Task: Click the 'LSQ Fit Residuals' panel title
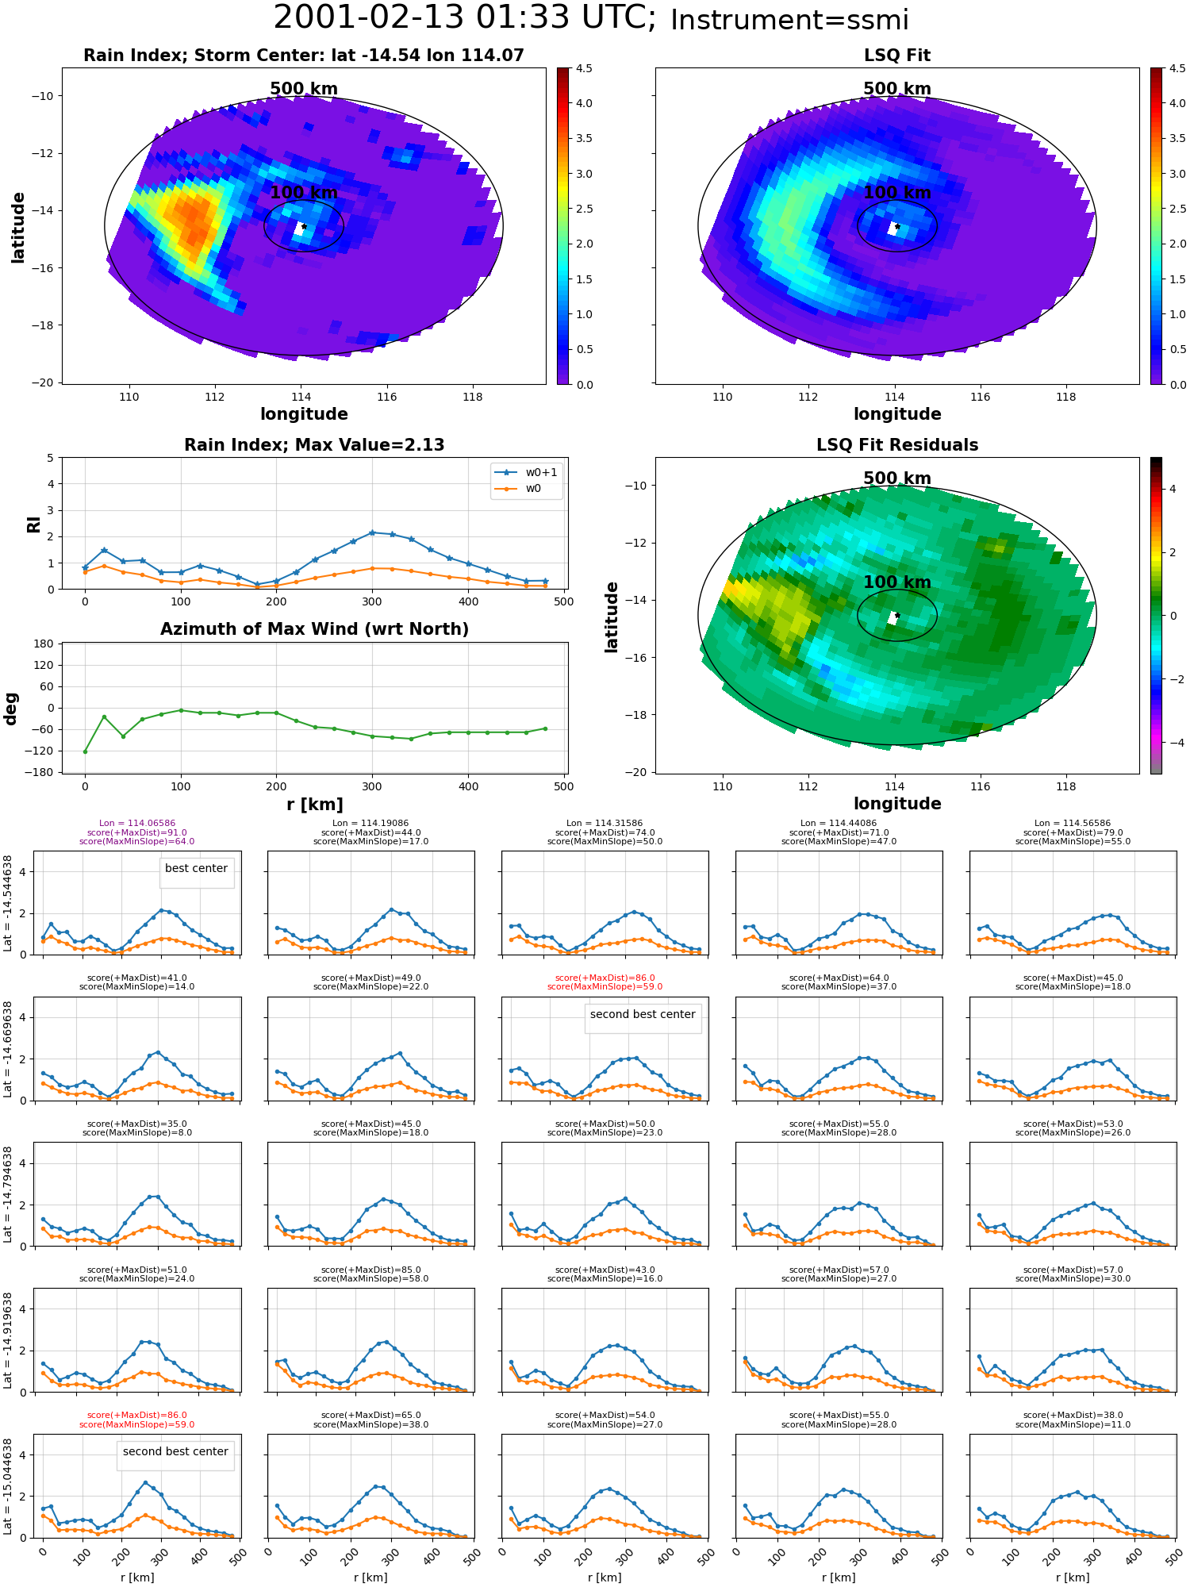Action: point(897,445)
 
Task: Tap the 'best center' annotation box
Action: point(196,869)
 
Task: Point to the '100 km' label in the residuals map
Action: point(897,582)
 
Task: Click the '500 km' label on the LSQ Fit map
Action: point(897,89)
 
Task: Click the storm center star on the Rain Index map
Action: point(304,226)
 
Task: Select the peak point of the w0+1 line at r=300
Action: point(372,532)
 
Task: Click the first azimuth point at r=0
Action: point(85,751)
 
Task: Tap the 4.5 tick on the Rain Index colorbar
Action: point(584,69)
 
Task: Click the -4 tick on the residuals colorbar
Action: point(1173,743)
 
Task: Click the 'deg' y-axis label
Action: point(11,709)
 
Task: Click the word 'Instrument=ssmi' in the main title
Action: point(789,20)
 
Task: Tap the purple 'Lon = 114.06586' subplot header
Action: point(137,824)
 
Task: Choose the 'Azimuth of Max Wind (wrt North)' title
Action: point(315,629)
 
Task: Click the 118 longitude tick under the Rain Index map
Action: point(473,397)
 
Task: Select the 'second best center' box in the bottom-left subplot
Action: point(175,1452)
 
